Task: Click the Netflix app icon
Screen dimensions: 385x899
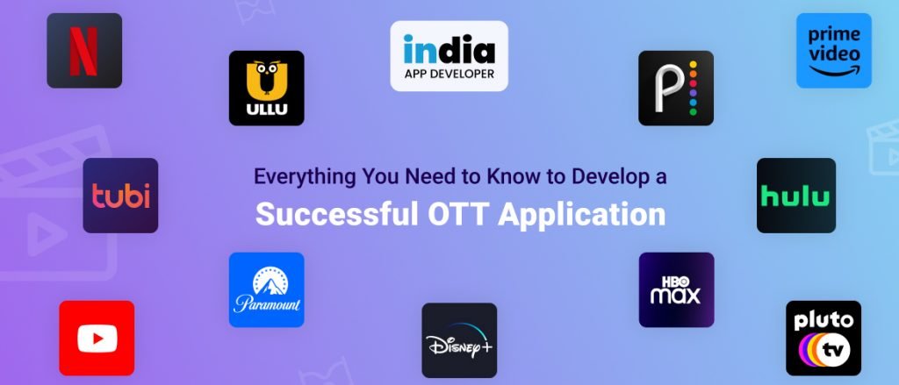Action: (84, 51)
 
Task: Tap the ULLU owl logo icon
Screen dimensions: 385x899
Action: (266, 88)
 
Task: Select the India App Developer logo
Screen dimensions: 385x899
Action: (449, 56)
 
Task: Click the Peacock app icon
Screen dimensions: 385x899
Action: (676, 88)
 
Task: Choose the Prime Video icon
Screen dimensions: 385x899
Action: (833, 51)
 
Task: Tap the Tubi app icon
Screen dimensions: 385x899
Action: (120, 196)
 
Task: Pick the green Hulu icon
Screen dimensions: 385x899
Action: (795, 196)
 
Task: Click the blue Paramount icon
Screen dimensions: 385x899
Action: (266, 290)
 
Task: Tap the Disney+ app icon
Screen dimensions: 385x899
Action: (459, 340)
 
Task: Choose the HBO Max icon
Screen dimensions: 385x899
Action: (676, 290)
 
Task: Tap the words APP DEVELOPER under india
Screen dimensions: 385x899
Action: (449, 74)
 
